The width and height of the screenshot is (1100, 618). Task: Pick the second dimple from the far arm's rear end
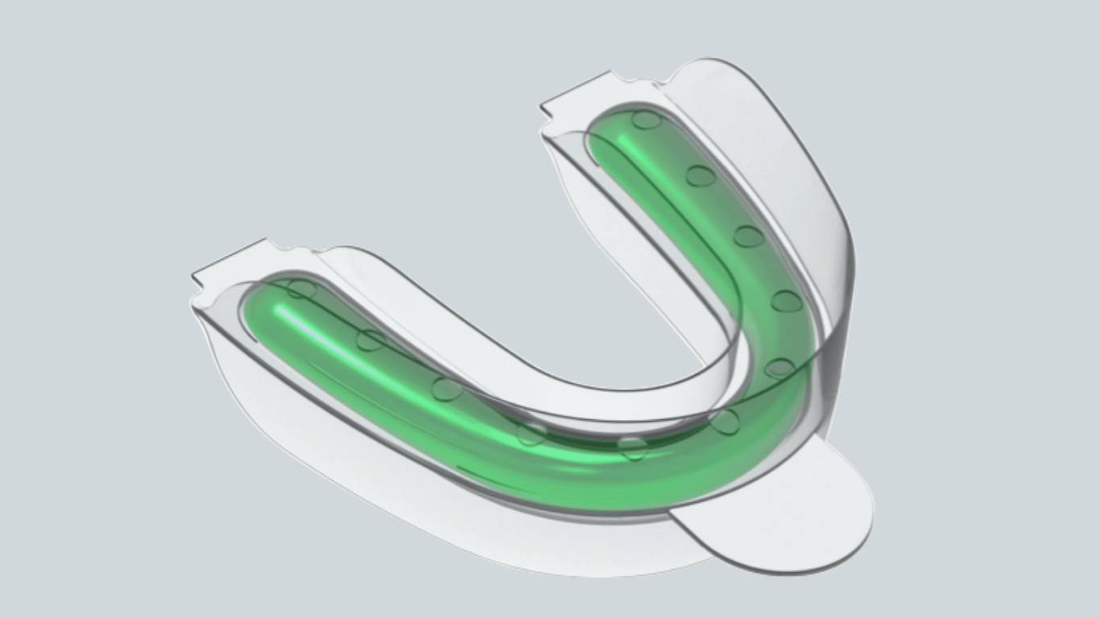click(701, 175)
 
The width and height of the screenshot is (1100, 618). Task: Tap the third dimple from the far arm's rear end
click(748, 236)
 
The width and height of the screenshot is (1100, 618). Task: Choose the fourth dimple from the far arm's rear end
click(786, 302)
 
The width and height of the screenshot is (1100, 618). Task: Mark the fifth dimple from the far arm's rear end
click(780, 369)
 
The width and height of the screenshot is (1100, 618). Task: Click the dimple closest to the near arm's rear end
click(302, 289)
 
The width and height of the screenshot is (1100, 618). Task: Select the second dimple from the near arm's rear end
click(370, 340)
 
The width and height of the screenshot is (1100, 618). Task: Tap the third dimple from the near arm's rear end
click(447, 389)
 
